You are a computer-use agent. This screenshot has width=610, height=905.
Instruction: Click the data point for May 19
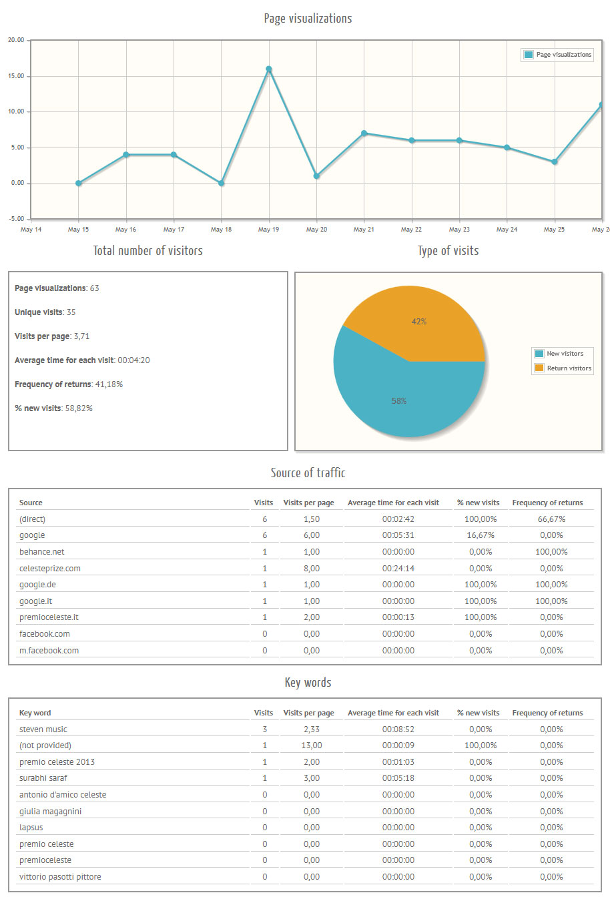tap(269, 69)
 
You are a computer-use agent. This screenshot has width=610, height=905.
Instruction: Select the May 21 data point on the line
tap(364, 133)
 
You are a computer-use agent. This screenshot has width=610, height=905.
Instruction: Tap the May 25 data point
tap(555, 162)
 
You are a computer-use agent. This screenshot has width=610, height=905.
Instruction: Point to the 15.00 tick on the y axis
tap(16, 76)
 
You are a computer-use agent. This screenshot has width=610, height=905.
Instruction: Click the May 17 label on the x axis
tap(174, 230)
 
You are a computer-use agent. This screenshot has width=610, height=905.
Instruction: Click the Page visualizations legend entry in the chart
tap(558, 55)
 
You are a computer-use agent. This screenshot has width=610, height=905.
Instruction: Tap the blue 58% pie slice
tap(399, 401)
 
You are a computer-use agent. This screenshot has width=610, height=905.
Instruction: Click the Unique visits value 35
tap(71, 312)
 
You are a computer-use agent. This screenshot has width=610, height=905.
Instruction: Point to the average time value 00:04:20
tap(133, 360)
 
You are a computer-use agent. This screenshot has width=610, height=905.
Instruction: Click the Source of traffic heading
tap(308, 473)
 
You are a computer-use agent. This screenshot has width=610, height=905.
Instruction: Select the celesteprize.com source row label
tap(50, 569)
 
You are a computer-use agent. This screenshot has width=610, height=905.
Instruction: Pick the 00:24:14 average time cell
tap(398, 569)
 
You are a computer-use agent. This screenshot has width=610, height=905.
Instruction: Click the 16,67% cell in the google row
tap(481, 535)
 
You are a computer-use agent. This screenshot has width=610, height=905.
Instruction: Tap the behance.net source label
tap(42, 552)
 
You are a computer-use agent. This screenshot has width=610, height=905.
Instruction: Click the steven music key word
tap(43, 729)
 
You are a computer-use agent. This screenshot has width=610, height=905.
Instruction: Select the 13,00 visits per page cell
tap(311, 745)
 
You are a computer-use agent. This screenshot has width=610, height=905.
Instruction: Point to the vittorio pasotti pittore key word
tap(60, 877)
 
